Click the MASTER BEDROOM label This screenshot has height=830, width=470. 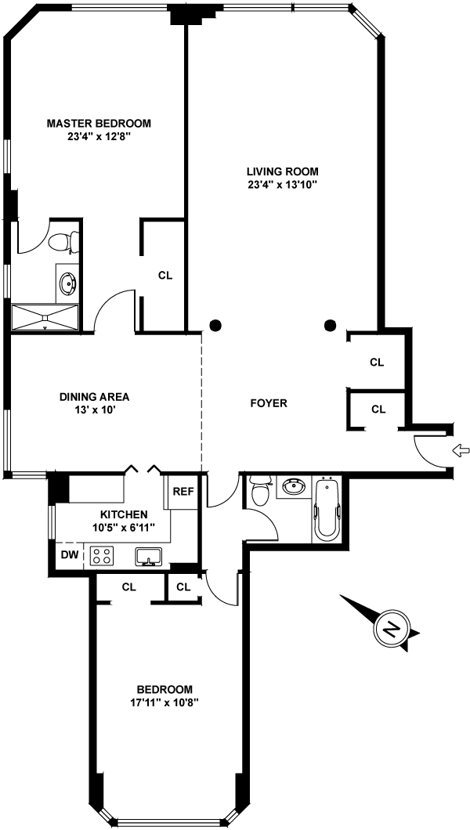99,123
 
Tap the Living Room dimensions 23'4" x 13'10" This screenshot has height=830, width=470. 282,185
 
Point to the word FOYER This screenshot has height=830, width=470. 269,403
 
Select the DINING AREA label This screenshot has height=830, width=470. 94,396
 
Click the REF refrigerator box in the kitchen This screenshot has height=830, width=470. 183,492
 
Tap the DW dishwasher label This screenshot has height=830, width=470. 68,554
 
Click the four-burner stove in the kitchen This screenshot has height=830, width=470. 101,556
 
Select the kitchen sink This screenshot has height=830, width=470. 149,557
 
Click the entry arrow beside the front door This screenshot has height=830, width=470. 461,449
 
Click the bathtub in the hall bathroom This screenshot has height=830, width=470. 327,509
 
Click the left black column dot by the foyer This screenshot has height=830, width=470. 215,325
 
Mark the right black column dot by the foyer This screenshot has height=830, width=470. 331,325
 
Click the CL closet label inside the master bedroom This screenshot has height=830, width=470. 164,276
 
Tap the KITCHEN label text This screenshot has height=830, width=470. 123,514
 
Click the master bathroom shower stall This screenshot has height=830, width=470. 45,316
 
